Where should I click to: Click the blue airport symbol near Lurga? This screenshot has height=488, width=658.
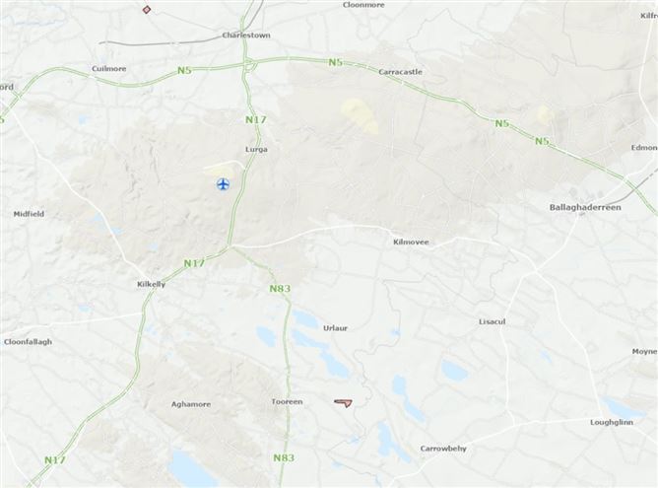coord(223,184)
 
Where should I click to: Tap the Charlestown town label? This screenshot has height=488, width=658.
coord(246,35)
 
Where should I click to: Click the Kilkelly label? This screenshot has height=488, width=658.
coord(155,284)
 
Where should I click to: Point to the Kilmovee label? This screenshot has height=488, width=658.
coord(409,241)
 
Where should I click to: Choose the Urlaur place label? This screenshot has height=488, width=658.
coord(336,328)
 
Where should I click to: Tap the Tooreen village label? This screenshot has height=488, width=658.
coord(286,401)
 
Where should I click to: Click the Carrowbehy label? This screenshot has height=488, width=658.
coord(443,449)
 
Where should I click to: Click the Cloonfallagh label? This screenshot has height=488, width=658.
coord(28,342)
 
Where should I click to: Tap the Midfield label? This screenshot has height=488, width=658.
coord(29,214)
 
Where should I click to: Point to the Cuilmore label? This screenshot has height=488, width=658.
coord(108,69)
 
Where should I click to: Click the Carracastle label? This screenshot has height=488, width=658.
coord(399,72)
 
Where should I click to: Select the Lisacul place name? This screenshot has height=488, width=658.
coord(493,321)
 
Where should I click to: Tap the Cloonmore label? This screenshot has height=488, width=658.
coord(363,5)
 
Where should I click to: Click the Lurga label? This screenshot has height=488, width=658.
coord(256,150)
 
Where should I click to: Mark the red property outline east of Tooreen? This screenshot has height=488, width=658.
coord(343,402)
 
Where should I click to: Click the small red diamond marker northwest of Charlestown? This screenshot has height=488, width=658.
coord(147,10)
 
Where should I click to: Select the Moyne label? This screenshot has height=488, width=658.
coord(644,351)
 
